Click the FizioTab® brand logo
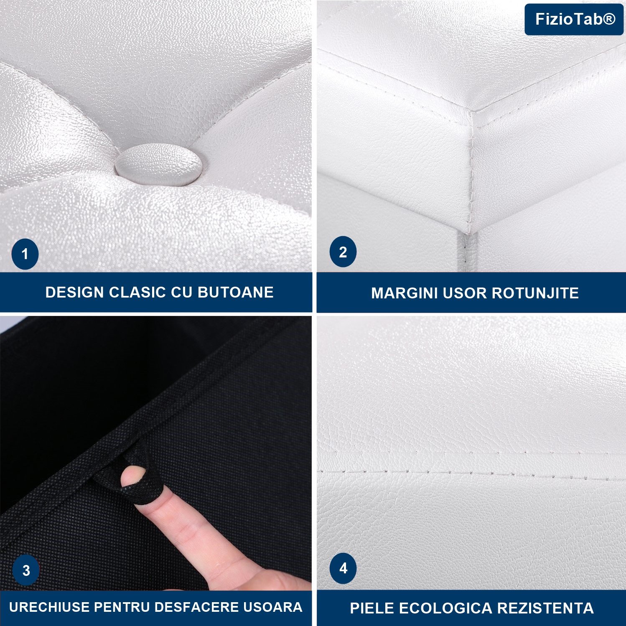click(x=574, y=19)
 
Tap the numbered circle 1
click(x=25, y=254)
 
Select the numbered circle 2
click(x=343, y=252)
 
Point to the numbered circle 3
click(x=26, y=570)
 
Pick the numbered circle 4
click(x=343, y=568)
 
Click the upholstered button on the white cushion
click(x=159, y=165)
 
